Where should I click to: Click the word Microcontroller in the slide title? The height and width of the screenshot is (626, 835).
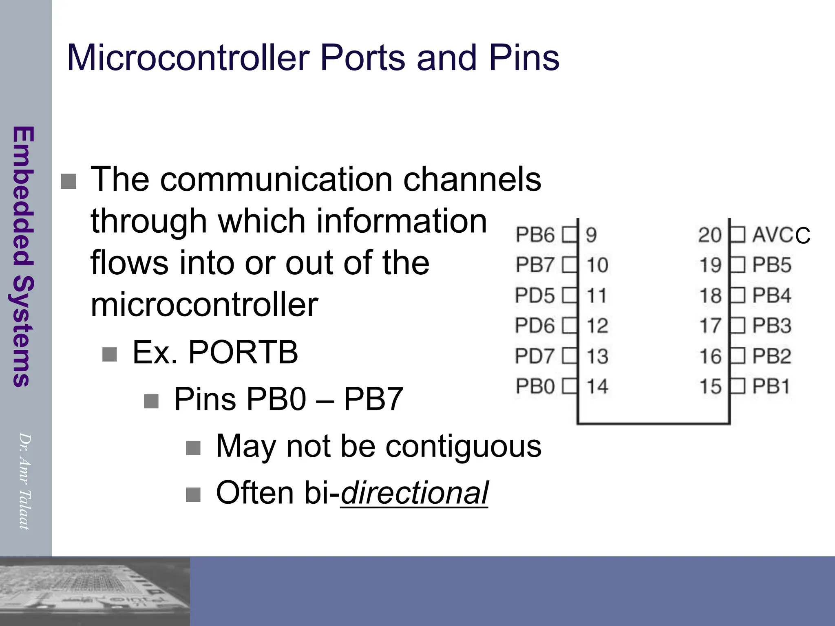click(x=188, y=58)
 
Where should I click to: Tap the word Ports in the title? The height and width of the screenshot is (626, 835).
click(x=362, y=58)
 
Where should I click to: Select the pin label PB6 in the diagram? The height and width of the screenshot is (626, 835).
click(x=535, y=235)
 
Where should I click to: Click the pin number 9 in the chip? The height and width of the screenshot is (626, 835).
click(x=591, y=235)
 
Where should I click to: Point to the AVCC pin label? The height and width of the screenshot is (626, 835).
click(x=781, y=235)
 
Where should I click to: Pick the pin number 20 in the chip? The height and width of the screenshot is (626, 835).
click(x=710, y=235)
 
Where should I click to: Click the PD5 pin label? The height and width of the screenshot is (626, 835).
click(x=535, y=295)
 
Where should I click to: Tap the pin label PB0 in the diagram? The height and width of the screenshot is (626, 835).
click(x=535, y=386)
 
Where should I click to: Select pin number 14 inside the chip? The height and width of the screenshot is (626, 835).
click(x=597, y=386)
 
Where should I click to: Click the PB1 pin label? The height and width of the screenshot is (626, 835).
click(x=771, y=386)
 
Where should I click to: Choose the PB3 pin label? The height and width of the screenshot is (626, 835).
click(x=772, y=326)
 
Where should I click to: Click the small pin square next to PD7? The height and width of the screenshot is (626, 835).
click(x=570, y=356)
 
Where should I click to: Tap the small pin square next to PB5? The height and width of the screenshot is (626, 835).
click(x=738, y=265)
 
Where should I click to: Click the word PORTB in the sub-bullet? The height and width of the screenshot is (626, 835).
click(x=243, y=352)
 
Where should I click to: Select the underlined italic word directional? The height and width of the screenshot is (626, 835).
click(x=414, y=493)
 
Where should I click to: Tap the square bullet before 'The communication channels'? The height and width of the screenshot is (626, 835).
click(x=68, y=181)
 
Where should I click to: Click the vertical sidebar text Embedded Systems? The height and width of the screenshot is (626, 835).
click(x=23, y=256)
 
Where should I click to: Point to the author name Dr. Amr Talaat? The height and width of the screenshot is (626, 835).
click(x=24, y=481)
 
